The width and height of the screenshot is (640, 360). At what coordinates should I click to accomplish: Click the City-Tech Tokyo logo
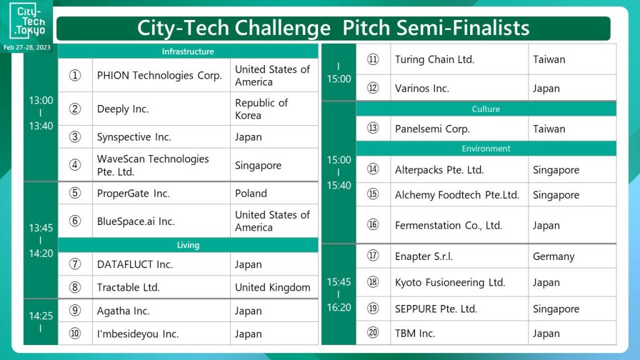pos(27,21)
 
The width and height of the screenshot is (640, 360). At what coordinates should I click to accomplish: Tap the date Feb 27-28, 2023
pos(27,47)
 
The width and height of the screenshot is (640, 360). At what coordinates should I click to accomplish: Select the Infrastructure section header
pos(187,51)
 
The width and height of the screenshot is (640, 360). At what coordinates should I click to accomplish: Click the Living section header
pos(187,245)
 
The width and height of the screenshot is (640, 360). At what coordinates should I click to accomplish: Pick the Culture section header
pos(486,109)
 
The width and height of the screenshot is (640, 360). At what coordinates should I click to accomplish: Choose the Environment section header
pos(486,149)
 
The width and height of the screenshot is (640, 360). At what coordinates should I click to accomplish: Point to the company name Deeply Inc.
pos(123,109)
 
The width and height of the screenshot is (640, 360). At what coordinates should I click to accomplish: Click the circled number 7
pos(75,264)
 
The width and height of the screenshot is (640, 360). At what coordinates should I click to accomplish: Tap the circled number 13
pos(372,128)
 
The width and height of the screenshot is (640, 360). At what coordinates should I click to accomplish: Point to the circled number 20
pos(372,332)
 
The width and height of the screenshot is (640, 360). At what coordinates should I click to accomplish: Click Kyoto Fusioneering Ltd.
pos(450,282)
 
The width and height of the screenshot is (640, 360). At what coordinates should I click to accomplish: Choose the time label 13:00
pos(41,101)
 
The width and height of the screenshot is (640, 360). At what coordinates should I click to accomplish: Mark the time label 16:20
pos(339,307)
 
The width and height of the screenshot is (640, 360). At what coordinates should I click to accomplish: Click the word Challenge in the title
pos(282,29)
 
